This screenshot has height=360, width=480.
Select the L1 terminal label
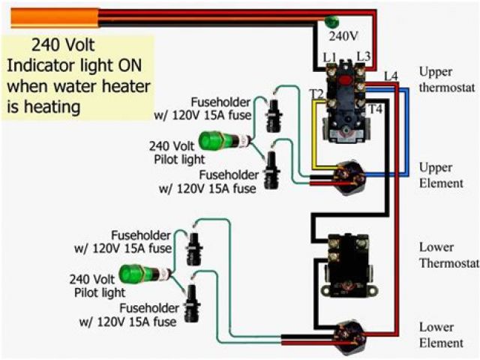click(x=329, y=57)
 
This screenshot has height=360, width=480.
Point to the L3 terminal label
click(x=364, y=57)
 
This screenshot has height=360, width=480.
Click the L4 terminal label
click(x=390, y=76)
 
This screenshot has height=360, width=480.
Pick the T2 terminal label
click(x=317, y=94)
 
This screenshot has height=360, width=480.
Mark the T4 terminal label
click(x=374, y=109)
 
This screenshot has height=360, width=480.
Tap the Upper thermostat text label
click(x=446, y=79)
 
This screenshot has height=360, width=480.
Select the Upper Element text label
click(x=441, y=175)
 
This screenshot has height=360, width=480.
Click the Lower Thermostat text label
click(x=448, y=255)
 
